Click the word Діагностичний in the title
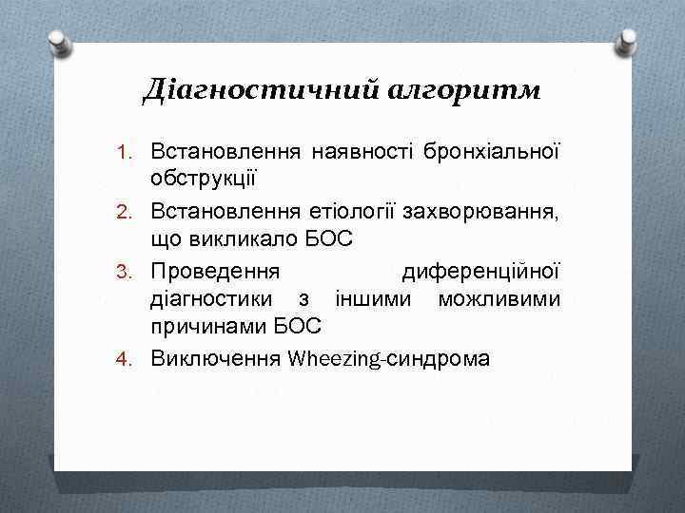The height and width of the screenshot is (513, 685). (262, 90)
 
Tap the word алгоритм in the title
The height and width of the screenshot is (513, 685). (464, 90)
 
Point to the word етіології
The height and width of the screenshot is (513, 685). (341, 211)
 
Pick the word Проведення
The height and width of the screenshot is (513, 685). (215, 271)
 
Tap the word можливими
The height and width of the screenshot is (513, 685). (499, 299)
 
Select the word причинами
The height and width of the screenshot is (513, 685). (208, 329)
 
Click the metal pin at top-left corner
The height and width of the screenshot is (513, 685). (58, 40)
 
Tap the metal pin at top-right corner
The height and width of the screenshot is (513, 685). (628, 40)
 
